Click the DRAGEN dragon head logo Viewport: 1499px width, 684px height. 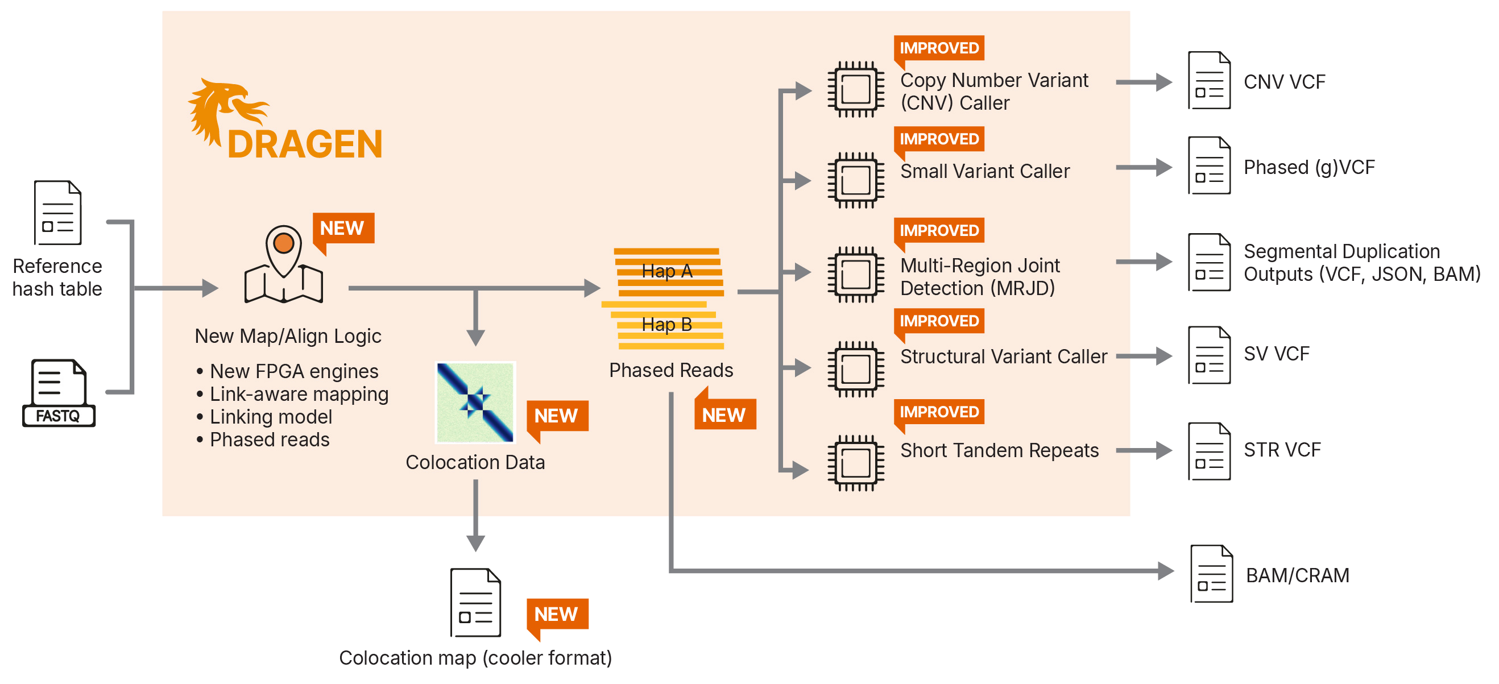224,110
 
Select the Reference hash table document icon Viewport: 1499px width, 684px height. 57,213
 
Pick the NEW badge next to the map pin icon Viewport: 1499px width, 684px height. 343,228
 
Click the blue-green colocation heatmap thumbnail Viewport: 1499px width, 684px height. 475,403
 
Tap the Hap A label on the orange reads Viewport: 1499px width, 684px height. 667,271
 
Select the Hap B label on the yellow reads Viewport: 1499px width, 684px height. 667,325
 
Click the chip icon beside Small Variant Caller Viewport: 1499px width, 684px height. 855,180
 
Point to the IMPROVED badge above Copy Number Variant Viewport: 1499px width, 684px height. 939,48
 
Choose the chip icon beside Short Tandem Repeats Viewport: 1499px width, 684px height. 855,463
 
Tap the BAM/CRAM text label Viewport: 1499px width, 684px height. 1297,575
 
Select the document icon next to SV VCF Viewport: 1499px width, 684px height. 1209,355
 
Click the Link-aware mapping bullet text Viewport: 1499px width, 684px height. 299,395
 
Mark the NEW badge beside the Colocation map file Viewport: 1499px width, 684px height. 556,614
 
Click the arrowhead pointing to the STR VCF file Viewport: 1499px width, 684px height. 1163,450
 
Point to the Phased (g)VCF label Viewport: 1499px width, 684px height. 1308,168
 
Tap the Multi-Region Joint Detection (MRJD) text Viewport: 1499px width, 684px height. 979,277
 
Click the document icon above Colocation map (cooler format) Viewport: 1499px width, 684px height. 475,603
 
